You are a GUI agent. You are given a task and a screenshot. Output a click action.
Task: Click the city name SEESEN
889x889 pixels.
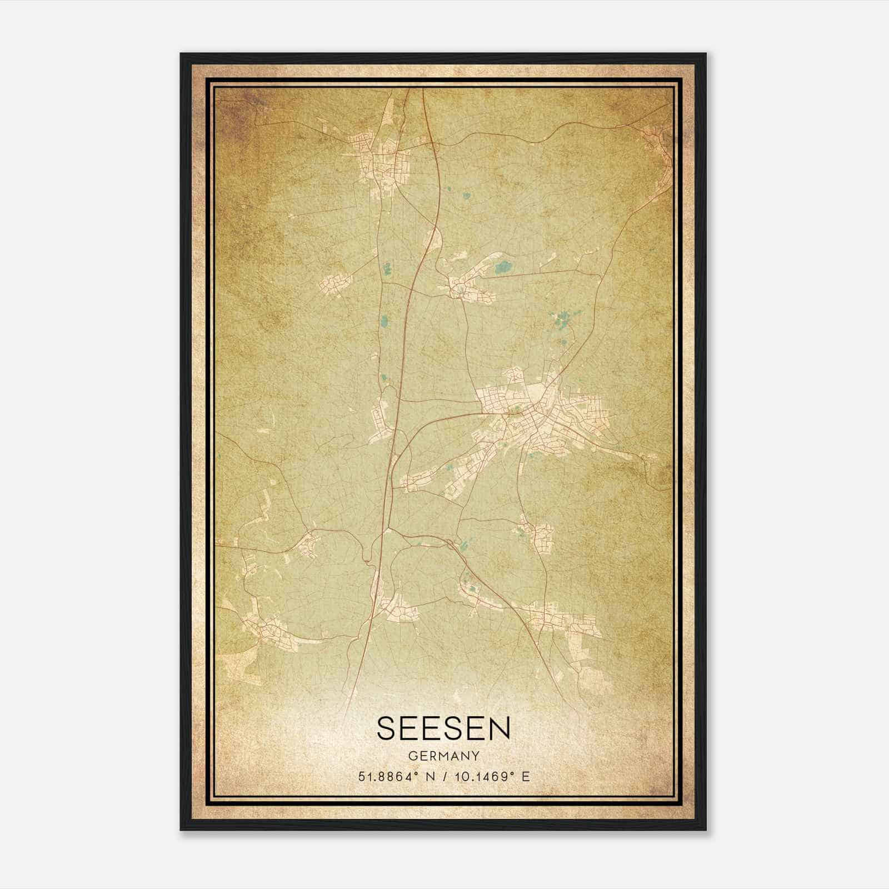443,728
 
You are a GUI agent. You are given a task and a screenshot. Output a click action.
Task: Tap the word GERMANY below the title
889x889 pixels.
443,756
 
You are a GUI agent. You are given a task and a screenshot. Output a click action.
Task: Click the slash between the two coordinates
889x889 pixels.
443,776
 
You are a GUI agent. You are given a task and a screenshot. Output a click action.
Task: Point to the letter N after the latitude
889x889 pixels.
428,776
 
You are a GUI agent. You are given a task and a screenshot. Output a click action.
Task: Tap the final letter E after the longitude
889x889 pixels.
526,776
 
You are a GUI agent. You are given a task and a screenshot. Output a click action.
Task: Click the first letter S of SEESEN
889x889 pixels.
388,728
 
